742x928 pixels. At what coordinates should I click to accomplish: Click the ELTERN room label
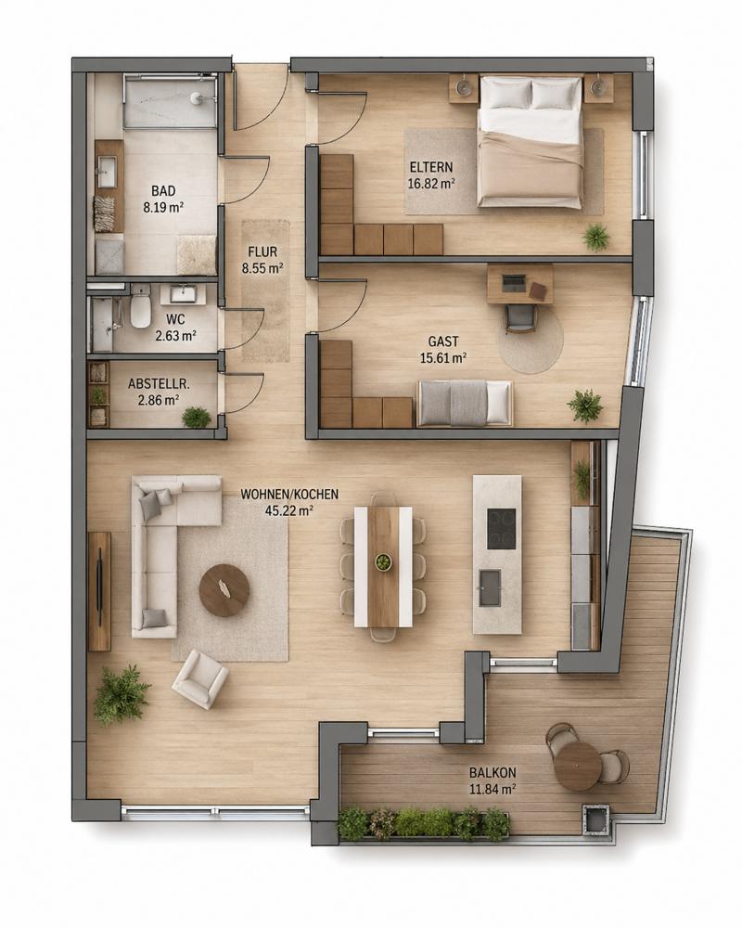pyautogui.click(x=430, y=167)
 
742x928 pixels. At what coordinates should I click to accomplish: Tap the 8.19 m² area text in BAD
pyautogui.click(x=162, y=207)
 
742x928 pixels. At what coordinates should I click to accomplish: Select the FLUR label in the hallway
pyautogui.click(x=262, y=252)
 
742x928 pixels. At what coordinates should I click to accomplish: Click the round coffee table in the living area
pyautogui.click(x=224, y=590)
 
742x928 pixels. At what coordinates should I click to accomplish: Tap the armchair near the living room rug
pyautogui.click(x=199, y=678)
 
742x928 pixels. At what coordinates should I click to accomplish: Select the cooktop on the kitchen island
pyautogui.click(x=501, y=529)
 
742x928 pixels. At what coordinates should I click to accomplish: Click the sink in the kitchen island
pyautogui.click(x=490, y=587)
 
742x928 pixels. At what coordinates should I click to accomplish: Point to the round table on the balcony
pyautogui.click(x=578, y=766)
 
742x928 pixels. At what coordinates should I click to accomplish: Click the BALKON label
pyautogui.click(x=493, y=772)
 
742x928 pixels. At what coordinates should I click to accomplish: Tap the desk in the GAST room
pyautogui.click(x=519, y=284)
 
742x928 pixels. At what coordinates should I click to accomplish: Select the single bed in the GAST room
pyautogui.click(x=465, y=403)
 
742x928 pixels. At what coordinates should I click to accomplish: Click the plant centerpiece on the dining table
pyautogui.click(x=383, y=562)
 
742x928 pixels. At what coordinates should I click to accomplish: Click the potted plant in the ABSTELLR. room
pyautogui.click(x=197, y=417)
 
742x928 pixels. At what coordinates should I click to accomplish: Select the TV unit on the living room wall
pyautogui.click(x=99, y=591)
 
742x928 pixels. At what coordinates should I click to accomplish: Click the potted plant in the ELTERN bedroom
pyautogui.click(x=595, y=237)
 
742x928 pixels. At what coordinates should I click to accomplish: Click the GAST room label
pyautogui.click(x=443, y=342)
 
